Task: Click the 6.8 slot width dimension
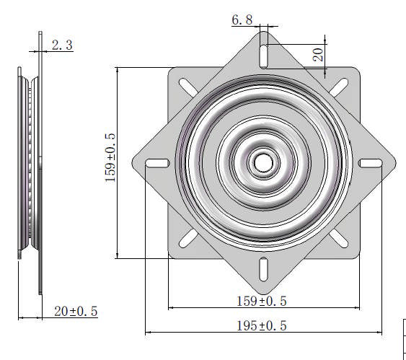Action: pos(242,20)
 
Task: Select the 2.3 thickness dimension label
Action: pos(61,45)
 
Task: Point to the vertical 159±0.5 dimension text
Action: pos(110,157)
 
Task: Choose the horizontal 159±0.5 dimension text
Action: pos(262,300)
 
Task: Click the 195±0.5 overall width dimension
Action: pos(262,325)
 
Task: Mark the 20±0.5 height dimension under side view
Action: pos(76,311)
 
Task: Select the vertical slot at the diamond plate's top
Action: pos(263,53)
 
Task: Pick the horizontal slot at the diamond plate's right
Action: pos(371,162)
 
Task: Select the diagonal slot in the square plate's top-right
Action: pos(340,85)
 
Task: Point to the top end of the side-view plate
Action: pos(40,32)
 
